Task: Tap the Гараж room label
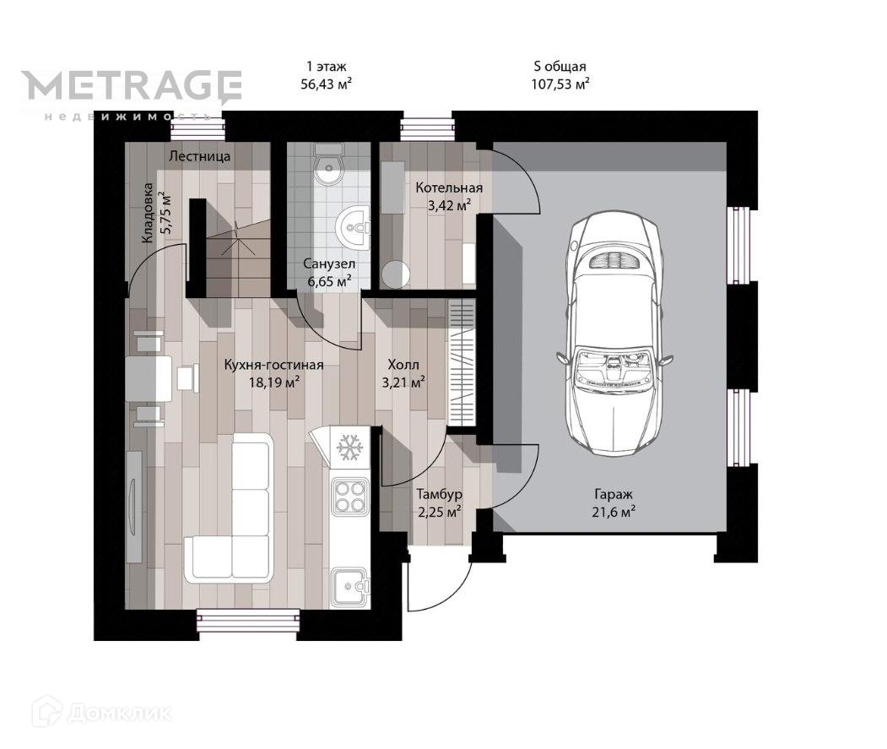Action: click(614, 494)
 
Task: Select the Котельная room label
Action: click(449, 187)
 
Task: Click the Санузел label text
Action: click(329, 263)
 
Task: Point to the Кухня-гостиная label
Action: click(273, 364)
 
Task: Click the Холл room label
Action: click(403, 364)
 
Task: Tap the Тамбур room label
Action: click(440, 494)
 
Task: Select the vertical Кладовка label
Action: click(148, 213)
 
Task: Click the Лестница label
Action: click(200, 156)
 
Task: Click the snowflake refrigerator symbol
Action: click(349, 447)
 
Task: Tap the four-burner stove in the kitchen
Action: click(349, 497)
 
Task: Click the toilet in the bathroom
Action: click(328, 163)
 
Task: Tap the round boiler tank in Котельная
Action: click(396, 274)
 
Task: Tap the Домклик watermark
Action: click(102, 712)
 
